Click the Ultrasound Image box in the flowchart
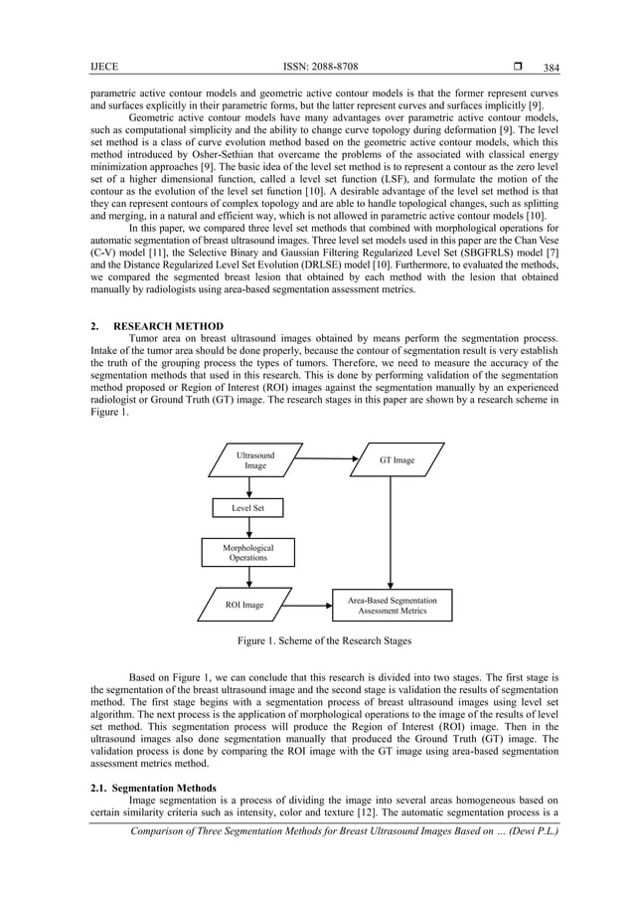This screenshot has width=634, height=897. pos(255,460)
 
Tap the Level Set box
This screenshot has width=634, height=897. pos(248,508)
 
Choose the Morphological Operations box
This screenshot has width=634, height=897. pos(248,553)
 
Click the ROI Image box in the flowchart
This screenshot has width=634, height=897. pos(243,605)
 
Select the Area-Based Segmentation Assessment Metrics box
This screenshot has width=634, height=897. pos(392,605)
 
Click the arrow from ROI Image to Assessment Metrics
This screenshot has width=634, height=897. pos(306,604)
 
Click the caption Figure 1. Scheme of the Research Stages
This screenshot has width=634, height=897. pos(316,641)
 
